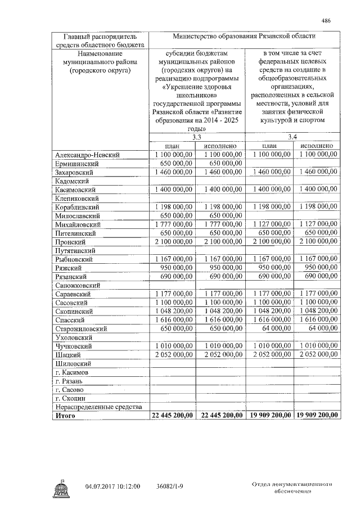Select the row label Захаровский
pyautogui.click(x=74, y=172)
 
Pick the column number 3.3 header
pyautogui.click(x=196, y=137)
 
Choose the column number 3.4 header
pyautogui.click(x=293, y=137)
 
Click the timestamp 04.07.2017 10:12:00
pyautogui.click(x=112, y=486)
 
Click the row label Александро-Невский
pyautogui.click(x=88, y=155)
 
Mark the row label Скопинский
pyautogui.click(x=73, y=311)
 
